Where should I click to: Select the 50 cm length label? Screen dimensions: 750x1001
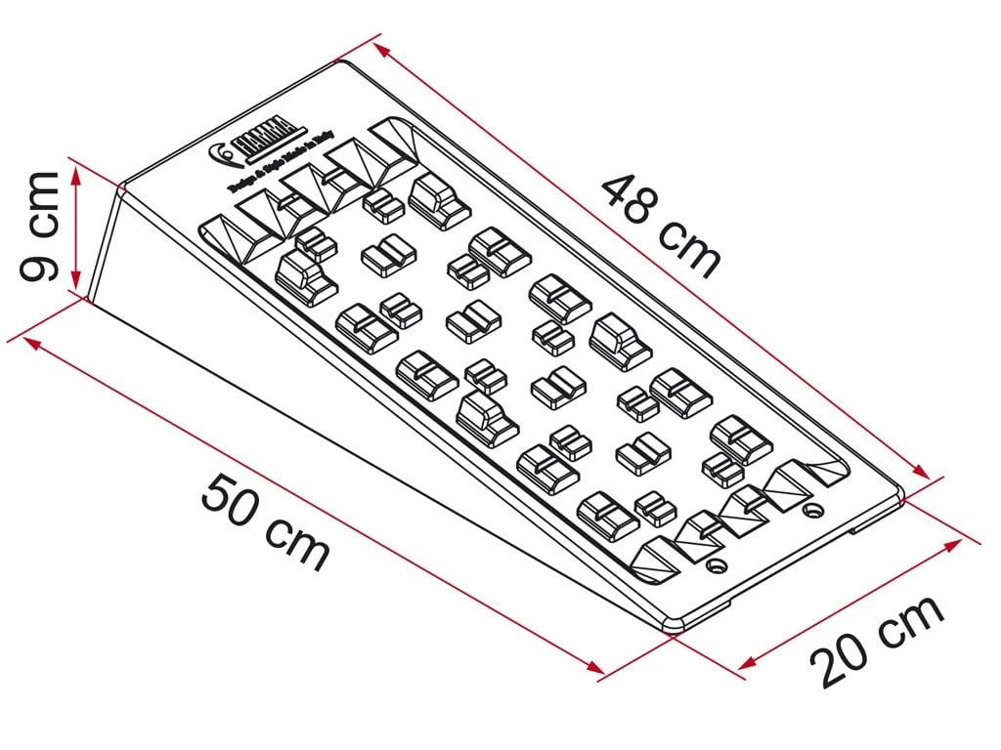point(265,521)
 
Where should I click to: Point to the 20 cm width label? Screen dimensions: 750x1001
point(878,641)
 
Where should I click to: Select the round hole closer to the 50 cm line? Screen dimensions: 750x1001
point(718,566)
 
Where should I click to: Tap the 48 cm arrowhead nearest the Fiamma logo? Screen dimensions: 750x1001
point(383,48)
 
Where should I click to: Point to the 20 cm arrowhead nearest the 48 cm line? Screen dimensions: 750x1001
point(956,544)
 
